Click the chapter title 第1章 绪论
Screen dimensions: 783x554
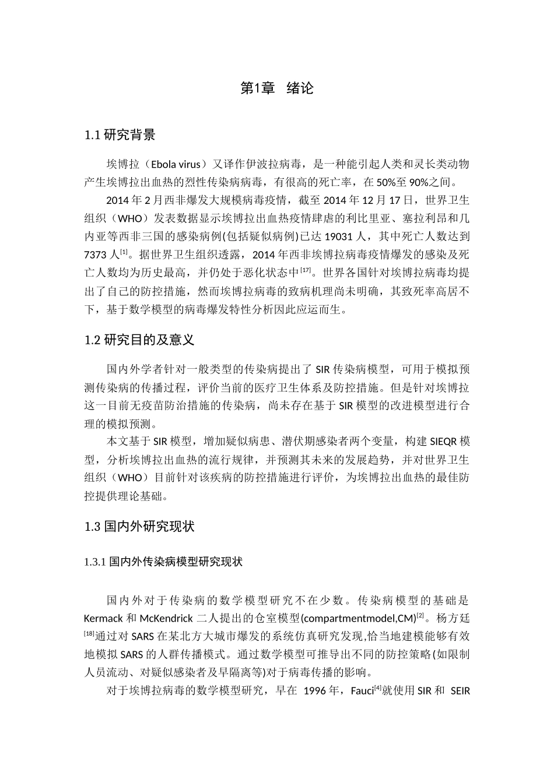click(x=277, y=89)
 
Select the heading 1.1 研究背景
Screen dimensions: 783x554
click(x=120, y=136)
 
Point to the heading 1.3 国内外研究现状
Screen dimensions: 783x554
click(x=139, y=527)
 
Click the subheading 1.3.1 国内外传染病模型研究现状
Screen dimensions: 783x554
click(x=163, y=562)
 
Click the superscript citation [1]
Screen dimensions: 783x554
click(x=124, y=252)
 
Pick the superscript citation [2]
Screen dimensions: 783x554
click(x=420, y=615)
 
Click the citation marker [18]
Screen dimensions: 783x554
click(x=90, y=633)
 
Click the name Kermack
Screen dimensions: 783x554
click(x=103, y=618)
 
